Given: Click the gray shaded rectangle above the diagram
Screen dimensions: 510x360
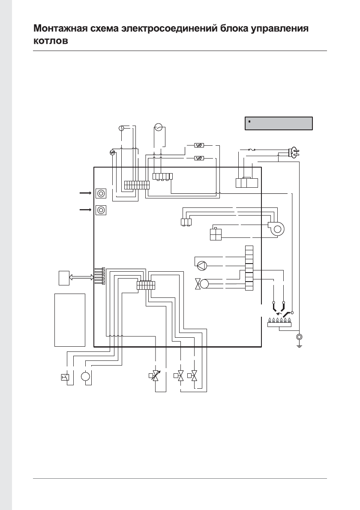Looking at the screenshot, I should point(279,123).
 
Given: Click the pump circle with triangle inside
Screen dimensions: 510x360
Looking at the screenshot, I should point(202,265).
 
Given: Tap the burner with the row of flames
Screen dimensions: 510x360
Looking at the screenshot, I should point(279,322).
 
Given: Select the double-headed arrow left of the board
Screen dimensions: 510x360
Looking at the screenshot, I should point(81,277).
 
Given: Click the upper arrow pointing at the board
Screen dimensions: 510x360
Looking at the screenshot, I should point(86,193).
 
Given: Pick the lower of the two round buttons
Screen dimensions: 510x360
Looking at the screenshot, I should point(101,210).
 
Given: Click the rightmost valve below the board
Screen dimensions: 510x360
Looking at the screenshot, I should point(195,376).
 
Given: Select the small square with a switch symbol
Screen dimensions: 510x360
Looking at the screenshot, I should point(65,377).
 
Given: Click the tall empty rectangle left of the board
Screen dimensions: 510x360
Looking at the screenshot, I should point(70,319).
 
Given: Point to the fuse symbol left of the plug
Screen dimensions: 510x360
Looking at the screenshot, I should point(253,150).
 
